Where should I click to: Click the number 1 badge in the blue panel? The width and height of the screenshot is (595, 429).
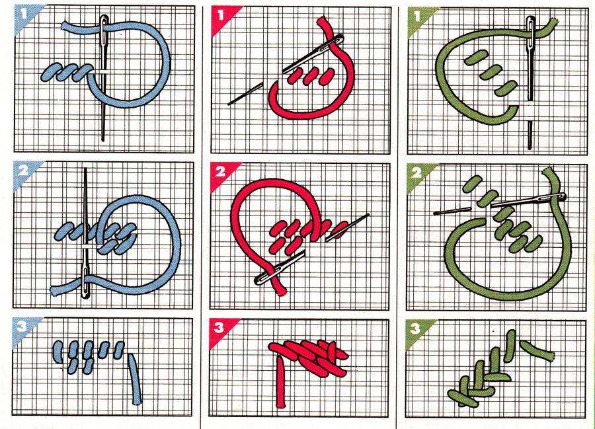(x=24, y=15)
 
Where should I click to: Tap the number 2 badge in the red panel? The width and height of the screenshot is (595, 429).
(x=219, y=173)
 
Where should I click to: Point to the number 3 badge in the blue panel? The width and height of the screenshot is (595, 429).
(x=22, y=327)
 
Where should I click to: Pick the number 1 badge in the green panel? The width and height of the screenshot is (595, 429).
(x=417, y=16)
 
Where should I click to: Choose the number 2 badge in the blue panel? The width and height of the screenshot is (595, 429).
(x=22, y=171)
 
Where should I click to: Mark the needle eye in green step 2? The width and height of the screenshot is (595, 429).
(x=555, y=197)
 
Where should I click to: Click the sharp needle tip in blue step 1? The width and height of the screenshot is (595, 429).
(x=103, y=139)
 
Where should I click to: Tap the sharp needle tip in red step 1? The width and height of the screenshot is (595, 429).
(x=229, y=104)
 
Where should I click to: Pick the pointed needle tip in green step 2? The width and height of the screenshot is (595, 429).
(x=435, y=214)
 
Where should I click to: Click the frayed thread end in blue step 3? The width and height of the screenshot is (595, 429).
(x=137, y=403)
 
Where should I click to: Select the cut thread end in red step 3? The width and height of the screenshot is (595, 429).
(x=281, y=407)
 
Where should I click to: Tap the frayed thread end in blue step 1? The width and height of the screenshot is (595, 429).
(x=63, y=26)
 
